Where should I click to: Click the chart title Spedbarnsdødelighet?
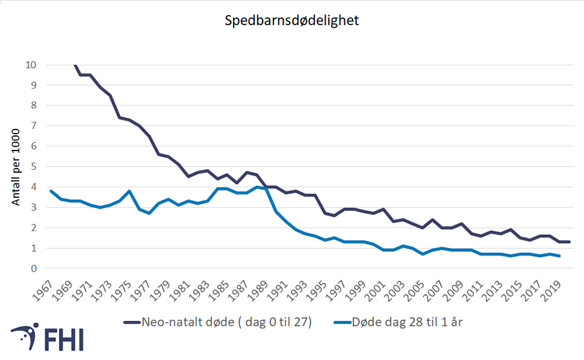(x=292, y=21)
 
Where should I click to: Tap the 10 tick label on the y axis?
(x=31, y=65)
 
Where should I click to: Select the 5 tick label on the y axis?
(x=34, y=167)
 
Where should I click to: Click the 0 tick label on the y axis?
(x=34, y=268)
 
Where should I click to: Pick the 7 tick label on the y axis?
(x=34, y=126)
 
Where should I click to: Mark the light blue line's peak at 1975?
(x=129, y=191)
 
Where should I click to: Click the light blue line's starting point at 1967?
(x=51, y=191)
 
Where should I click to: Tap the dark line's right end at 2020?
(x=569, y=242)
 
